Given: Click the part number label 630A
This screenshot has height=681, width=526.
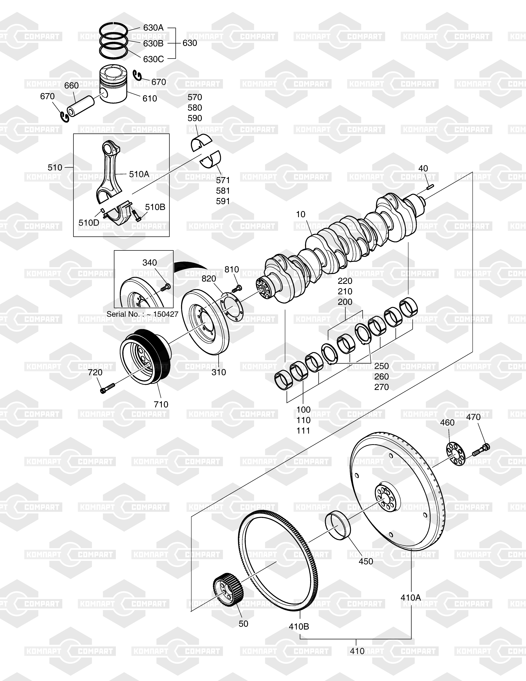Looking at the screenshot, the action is tap(153, 28).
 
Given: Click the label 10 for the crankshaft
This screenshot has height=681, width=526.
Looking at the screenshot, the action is tap(301, 215).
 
